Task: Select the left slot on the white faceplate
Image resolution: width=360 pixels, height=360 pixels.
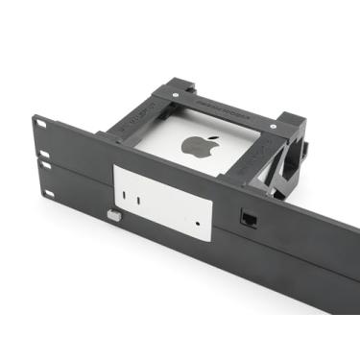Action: click(x=135, y=199)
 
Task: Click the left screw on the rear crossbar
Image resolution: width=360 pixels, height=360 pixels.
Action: click(x=177, y=96)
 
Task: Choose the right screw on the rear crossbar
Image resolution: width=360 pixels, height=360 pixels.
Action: click(x=275, y=121)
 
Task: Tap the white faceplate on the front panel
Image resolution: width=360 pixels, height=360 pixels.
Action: click(x=163, y=201)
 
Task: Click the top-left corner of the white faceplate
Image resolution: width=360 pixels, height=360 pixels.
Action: click(x=116, y=170)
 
